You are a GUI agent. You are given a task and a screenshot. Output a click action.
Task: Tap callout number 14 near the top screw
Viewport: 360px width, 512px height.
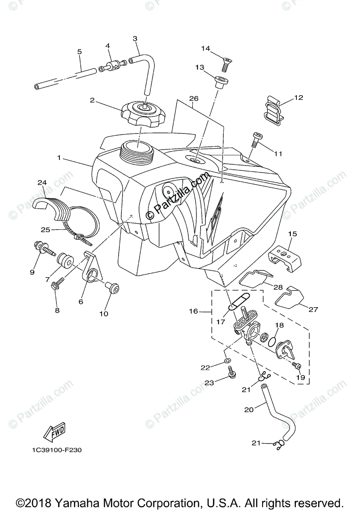pos(206,48)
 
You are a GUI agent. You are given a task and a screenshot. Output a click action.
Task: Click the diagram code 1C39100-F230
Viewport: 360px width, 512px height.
pos(56,450)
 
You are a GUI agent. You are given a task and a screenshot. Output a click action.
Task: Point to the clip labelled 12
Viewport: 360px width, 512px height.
pos(273,110)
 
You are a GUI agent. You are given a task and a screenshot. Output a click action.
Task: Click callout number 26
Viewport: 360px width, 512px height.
pos(194,99)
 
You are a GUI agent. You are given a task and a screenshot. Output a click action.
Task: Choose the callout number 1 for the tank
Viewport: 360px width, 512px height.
pos(59,158)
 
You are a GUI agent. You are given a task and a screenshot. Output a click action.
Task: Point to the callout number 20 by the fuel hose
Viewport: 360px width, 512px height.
pos(249,409)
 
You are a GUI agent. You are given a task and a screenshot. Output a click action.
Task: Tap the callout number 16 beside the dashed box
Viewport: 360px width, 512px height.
pos(193,311)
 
